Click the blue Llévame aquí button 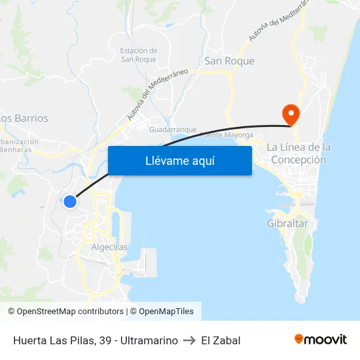[x=179, y=160]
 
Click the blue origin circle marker [x=70, y=201]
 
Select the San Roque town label [x=230, y=61]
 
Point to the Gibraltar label [x=287, y=223]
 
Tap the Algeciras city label [x=109, y=247]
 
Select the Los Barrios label [x=24, y=118]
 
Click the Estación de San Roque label [x=139, y=55]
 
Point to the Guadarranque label [x=173, y=130]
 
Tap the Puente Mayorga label [x=226, y=135]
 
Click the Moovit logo [x=321, y=340]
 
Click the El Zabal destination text [x=221, y=340]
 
